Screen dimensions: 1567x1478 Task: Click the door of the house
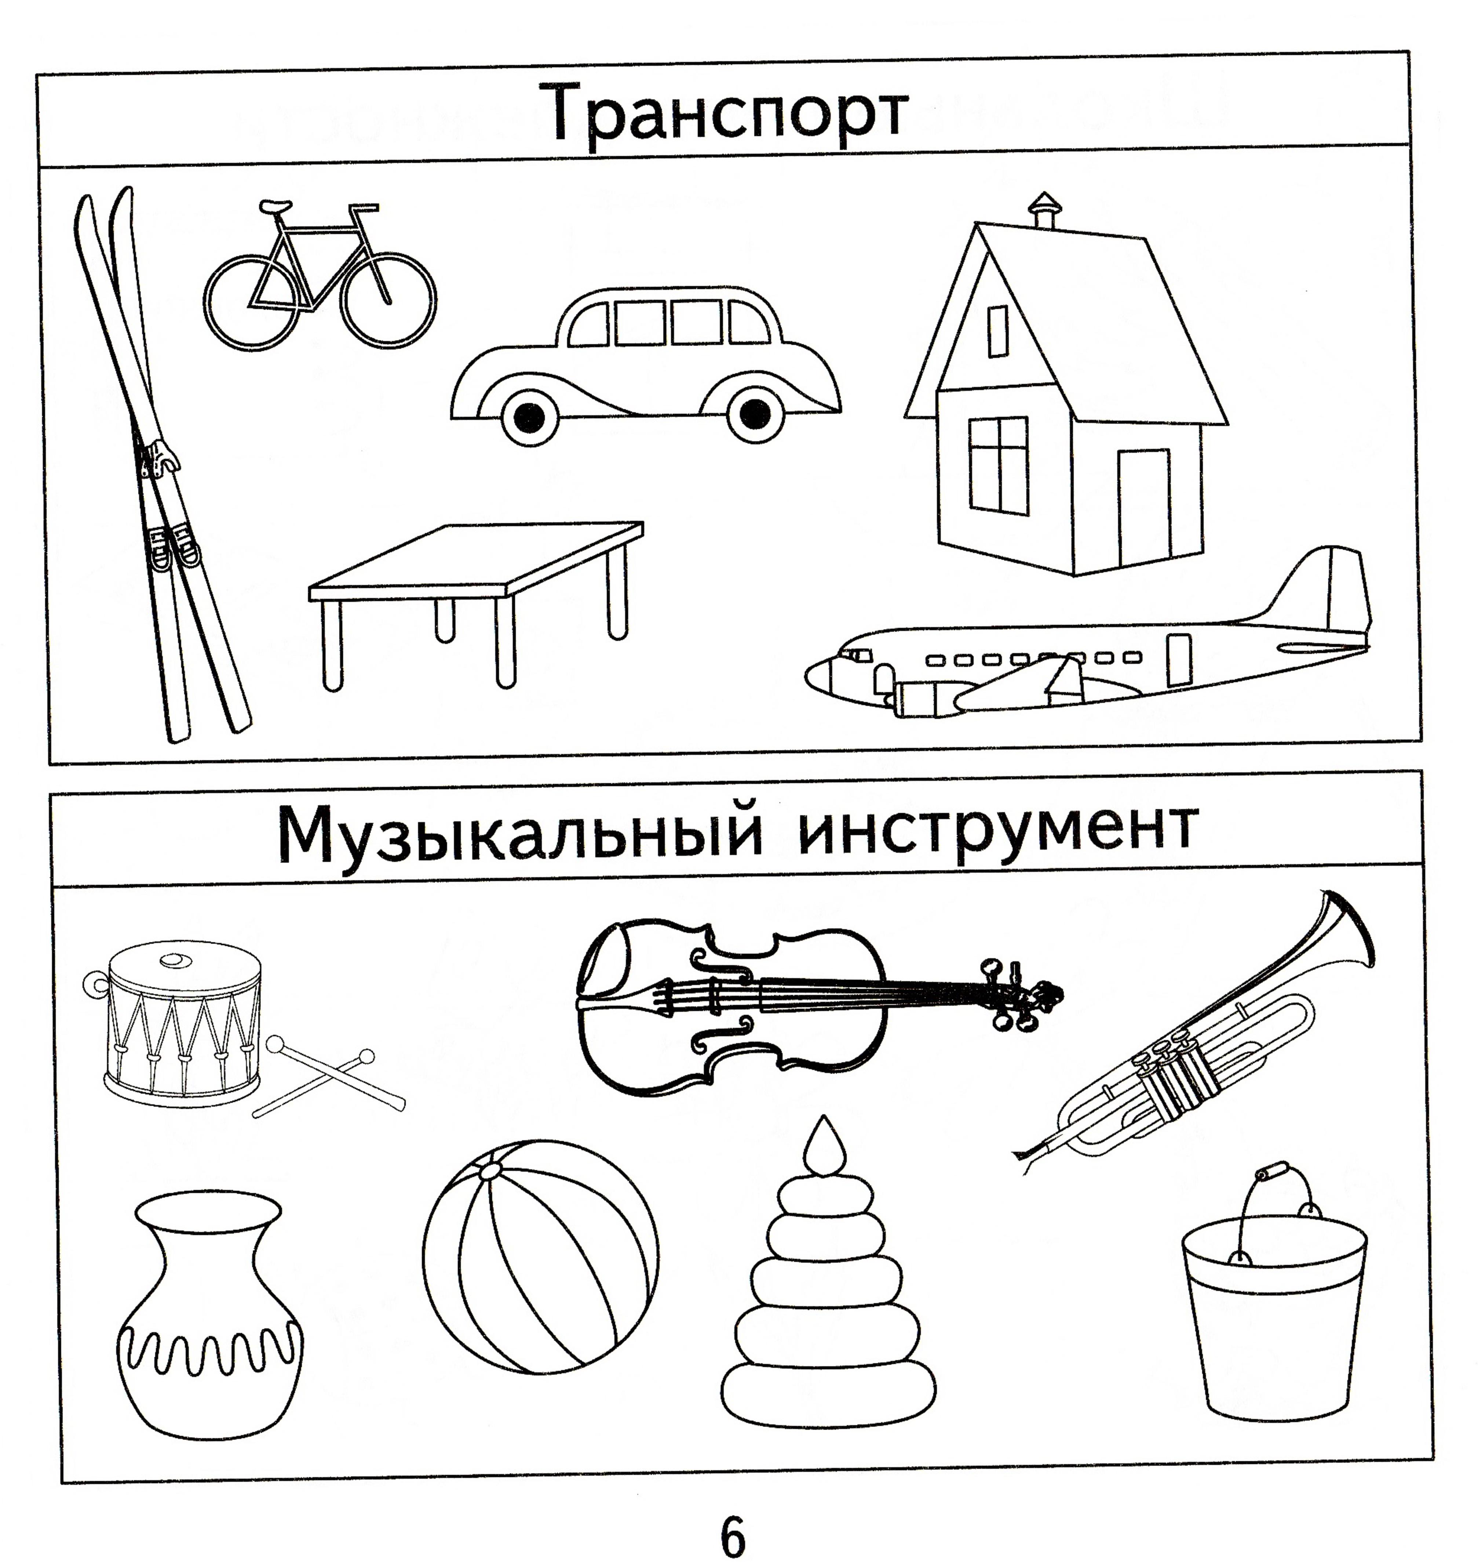1144,504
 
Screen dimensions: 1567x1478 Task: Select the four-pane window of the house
998,467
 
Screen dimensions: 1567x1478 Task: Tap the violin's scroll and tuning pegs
1020,995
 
